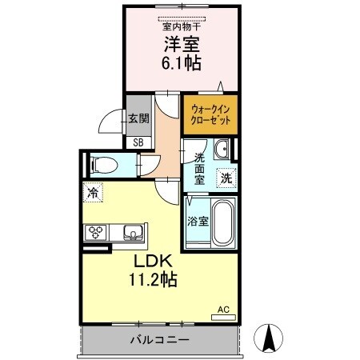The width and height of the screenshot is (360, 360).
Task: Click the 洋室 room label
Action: [182, 46]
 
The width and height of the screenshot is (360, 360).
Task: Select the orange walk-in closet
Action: [210, 114]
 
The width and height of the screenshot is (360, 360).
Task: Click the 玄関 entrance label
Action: [138, 118]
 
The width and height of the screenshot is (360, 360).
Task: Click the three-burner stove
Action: [97, 233]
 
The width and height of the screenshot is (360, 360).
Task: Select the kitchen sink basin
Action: [133, 233]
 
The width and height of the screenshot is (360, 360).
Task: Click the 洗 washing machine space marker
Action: [226, 178]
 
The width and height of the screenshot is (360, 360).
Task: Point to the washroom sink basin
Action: [222, 150]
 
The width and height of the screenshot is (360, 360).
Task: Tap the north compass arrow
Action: [270, 338]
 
